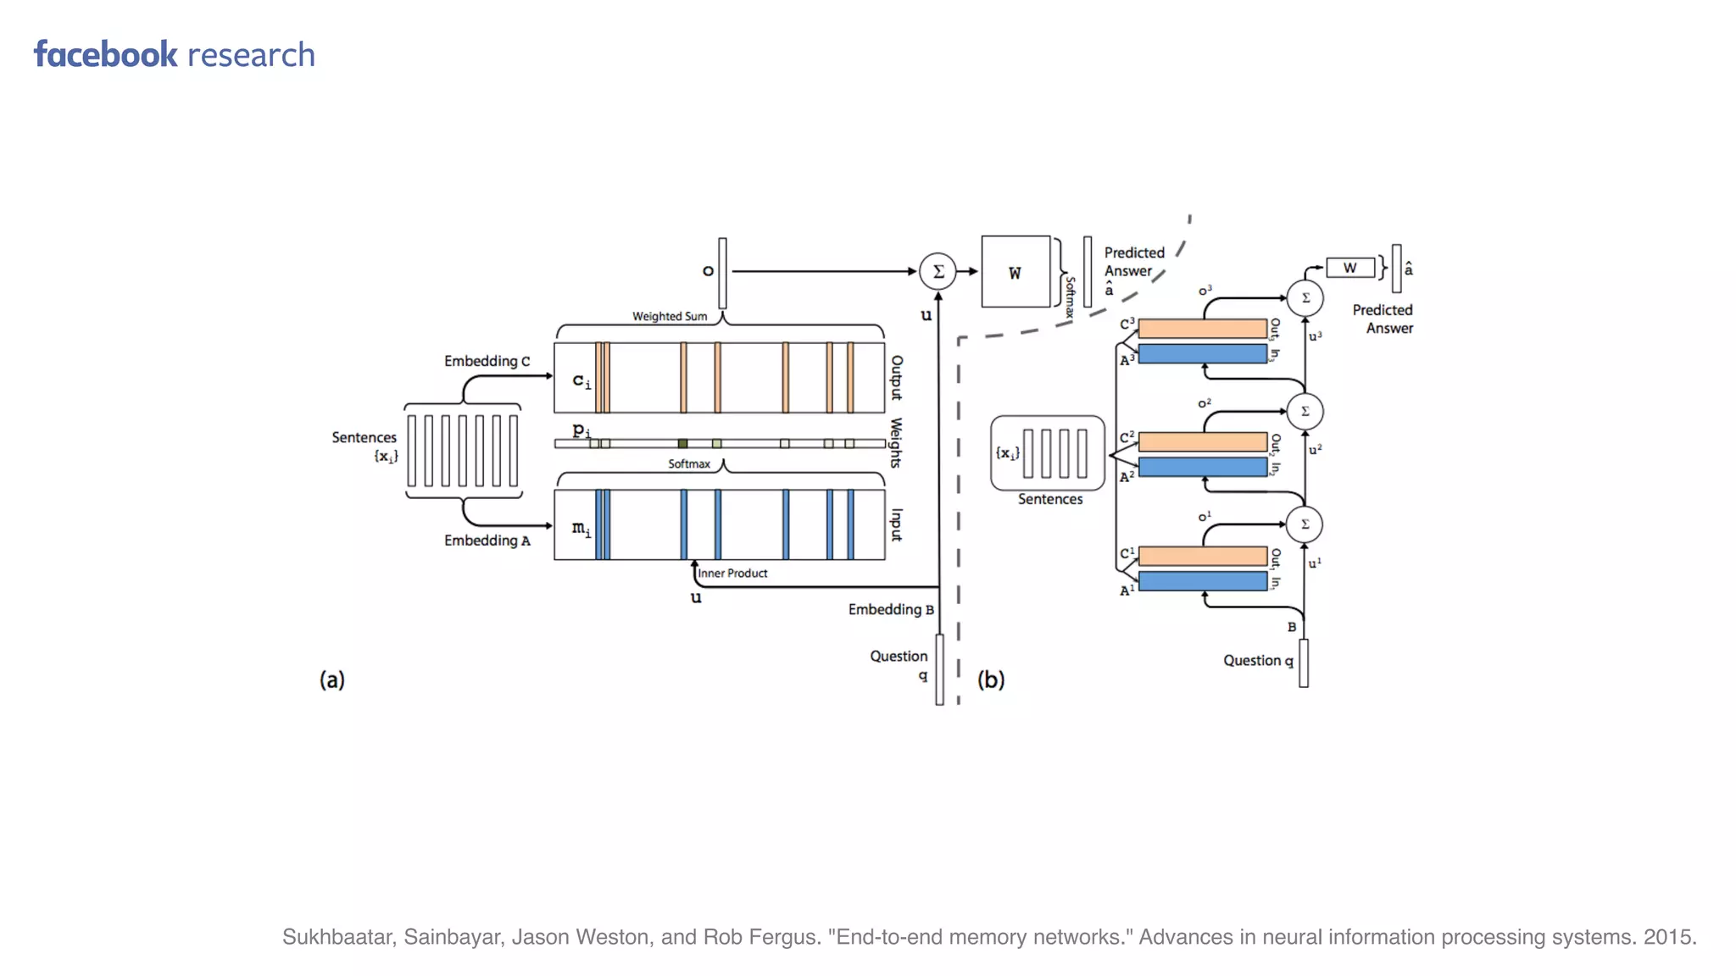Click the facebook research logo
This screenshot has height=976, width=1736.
[174, 55]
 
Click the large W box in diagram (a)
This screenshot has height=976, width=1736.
[1015, 272]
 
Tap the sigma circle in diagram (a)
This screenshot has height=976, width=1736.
[938, 271]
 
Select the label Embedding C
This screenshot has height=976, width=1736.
[487, 361]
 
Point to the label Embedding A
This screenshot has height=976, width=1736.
[487, 541]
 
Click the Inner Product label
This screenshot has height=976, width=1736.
[732, 574]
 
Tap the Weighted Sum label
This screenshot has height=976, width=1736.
[669, 316]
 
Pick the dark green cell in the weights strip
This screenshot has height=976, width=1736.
[682, 443]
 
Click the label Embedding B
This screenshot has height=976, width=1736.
[890, 609]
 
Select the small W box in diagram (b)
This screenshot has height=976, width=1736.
[1349, 268]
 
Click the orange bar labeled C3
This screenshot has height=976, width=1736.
[1202, 329]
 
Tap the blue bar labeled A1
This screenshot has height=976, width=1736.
[1202, 581]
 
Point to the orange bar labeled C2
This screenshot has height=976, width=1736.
[1202, 441]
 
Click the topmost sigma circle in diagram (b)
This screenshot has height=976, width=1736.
[1305, 298]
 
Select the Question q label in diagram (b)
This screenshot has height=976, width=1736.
[1258, 661]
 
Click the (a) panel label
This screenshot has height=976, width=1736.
[331, 679]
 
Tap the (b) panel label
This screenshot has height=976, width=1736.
[990, 679]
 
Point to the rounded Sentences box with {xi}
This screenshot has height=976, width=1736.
[1048, 453]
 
